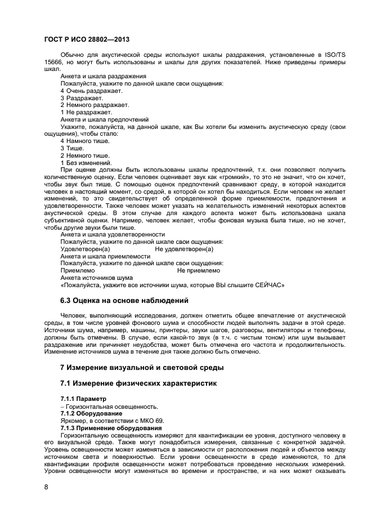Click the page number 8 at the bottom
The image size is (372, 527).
pyautogui.click(x=46, y=487)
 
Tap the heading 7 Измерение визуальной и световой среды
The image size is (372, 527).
pyautogui.click(x=142, y=368)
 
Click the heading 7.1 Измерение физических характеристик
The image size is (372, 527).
pyautogui.click(x=138, y=383)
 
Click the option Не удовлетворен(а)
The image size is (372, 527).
pyautogui.click(x=184, y=248)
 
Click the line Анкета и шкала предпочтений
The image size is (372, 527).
pyautogui.click(x=104, y=119)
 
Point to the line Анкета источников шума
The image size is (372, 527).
pyautogui.click(x=96, y=278)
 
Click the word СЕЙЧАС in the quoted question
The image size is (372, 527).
pyautogui.click(x=270, y=285)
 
